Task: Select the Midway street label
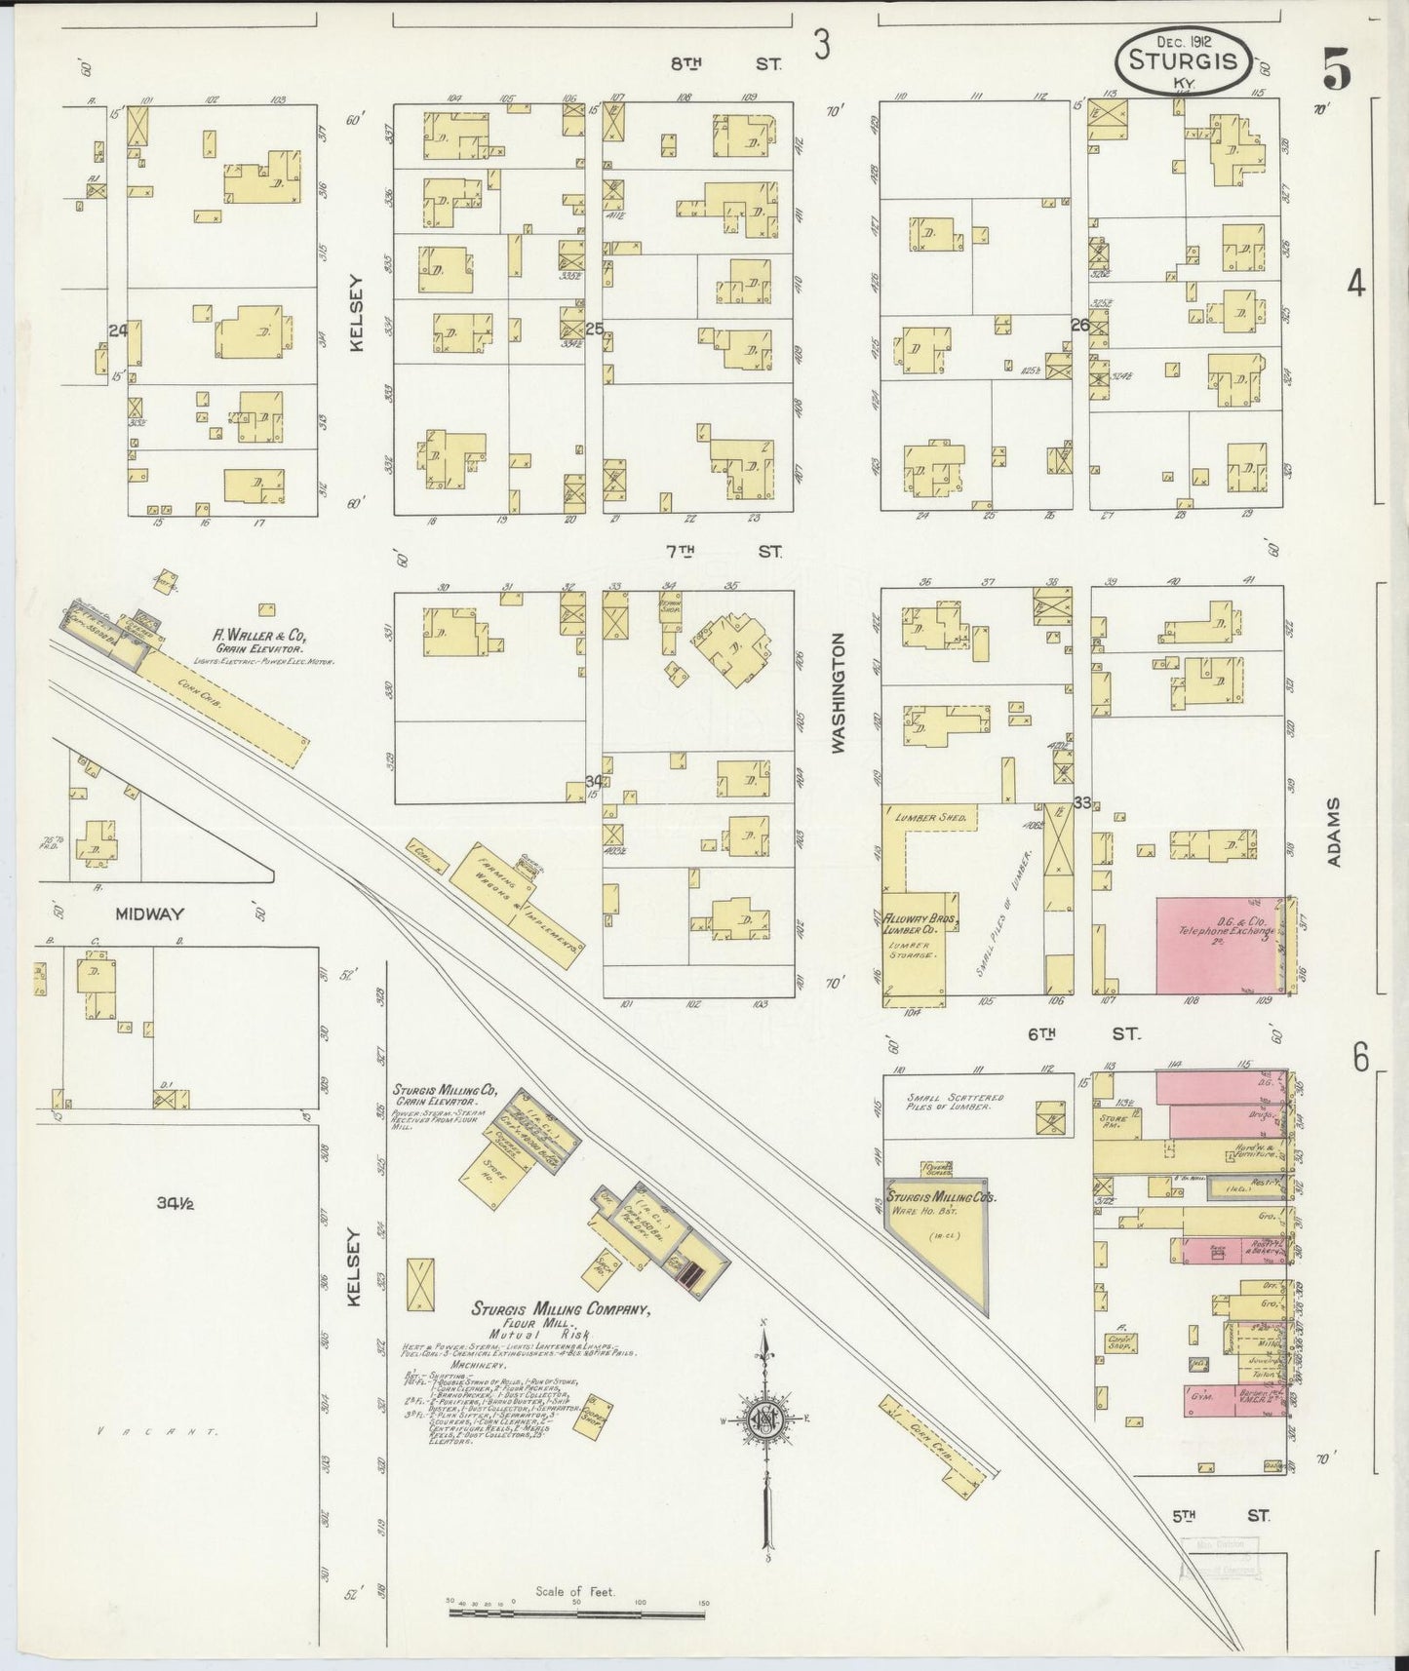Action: [x=151, y=913]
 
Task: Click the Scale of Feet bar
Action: [x=575, y=1613]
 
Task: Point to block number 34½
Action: [x=176, y=1204]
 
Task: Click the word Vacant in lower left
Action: [x=158, y=1432]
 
